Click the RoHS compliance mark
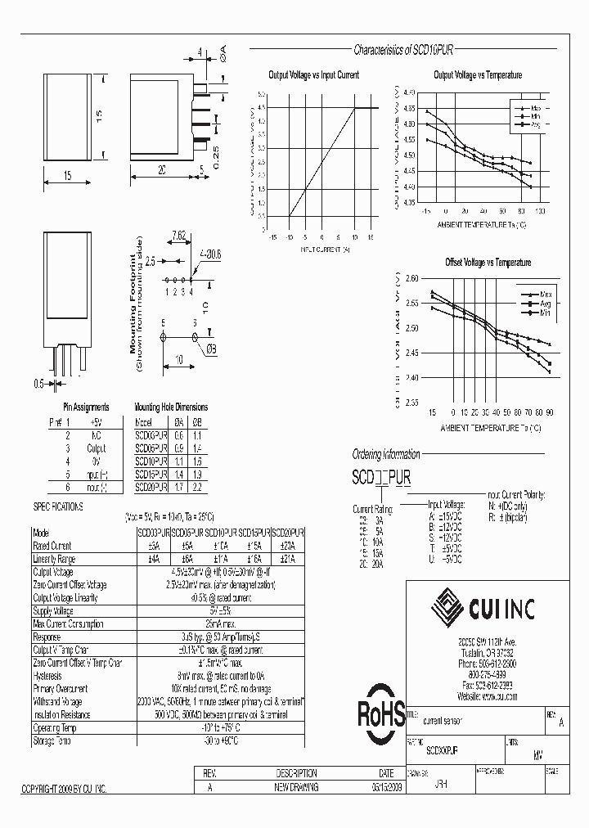380,714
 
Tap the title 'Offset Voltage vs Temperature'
488,263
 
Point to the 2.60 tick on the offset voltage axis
411,279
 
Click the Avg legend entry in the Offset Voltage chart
543,303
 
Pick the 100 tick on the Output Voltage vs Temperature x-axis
541,210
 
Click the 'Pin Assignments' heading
86,407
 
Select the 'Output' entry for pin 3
97,448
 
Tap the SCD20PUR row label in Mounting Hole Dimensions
151,487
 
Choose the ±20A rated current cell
287,546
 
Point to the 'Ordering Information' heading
385,455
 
